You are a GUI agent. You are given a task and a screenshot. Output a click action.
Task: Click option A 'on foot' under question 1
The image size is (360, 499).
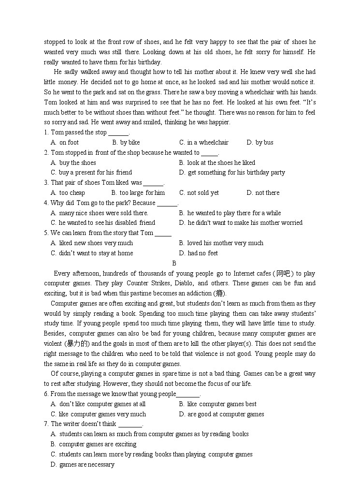65,143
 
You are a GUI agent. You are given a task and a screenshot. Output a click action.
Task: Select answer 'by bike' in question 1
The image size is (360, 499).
126,143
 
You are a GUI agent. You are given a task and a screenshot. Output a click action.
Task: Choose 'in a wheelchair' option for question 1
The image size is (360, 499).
203,143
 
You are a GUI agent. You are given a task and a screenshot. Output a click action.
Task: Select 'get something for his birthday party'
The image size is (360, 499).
232,173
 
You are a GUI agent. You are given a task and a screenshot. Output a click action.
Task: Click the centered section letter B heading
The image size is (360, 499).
174,264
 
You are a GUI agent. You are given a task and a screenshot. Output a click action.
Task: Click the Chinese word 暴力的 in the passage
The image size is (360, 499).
77,344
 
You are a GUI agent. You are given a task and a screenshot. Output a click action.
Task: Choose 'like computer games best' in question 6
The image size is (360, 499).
218,404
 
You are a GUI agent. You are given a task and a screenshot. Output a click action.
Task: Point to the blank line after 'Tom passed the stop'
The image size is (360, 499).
118,133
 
